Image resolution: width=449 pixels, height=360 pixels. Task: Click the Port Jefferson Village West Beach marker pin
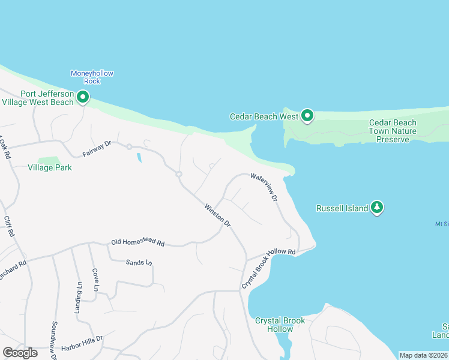(x=82, y=97)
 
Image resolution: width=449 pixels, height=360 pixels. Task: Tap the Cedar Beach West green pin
(x=307, y=115)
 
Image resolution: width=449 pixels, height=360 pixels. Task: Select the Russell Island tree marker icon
(x=376, y=208)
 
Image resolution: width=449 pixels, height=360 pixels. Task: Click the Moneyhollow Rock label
(x=92, y=77)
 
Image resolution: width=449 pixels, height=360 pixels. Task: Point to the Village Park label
(x=50, y=167)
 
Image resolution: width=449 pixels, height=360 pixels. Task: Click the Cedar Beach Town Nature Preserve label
(x=393, y=131)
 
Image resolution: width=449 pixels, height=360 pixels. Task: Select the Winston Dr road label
(x=218, y=215)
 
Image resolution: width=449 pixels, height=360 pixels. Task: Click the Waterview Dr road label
(x=265, y=187)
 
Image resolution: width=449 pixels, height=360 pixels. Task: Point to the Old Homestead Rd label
(x=137, y=242)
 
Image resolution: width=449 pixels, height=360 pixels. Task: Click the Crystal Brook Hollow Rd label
(x=268, y=268)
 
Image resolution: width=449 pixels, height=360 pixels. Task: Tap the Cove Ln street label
(x=95, y=280)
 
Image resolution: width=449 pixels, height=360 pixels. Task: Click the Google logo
(x=20, y=352)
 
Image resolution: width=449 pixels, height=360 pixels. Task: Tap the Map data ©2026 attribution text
(x=423, y=355)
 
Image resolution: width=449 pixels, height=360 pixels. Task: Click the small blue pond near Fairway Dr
(x=139, y=158)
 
